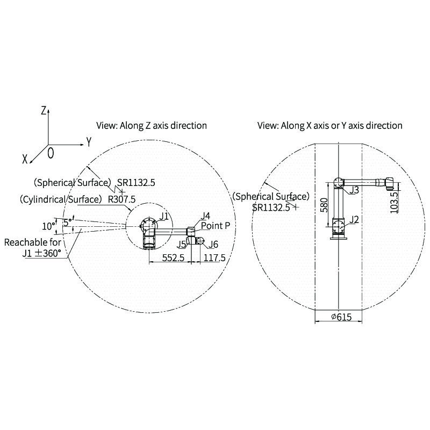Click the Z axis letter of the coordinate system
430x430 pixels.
click(x=44, y=111)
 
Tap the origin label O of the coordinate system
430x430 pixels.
click(x=51, y=153)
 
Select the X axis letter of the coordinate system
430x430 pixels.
click(x=25, y=159)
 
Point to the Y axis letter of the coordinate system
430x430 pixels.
click(x=89, y=142)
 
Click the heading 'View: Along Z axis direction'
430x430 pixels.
click(x=152, y=126)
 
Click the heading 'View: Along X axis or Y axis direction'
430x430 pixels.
click(x=330, y=126)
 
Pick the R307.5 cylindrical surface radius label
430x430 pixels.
click(x=121, y=199)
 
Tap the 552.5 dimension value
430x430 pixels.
click(x=173, y=258)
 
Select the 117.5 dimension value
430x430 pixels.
click(x=214, y=258)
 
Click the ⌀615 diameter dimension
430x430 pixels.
click(x=341, y=317)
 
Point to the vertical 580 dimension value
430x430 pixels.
click(x=324, y=205)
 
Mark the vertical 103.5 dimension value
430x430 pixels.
click(x=394, y=203)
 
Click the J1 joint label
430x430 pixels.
click(x=164, y=216)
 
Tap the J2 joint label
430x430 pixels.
click(x=354, y=219)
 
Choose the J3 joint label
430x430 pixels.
click(x=354, y=190)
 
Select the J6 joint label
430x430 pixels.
click(x=213, y=244)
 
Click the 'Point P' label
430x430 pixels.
click(x=216, y=226)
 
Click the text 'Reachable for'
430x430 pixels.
click(x=33, y=242)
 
